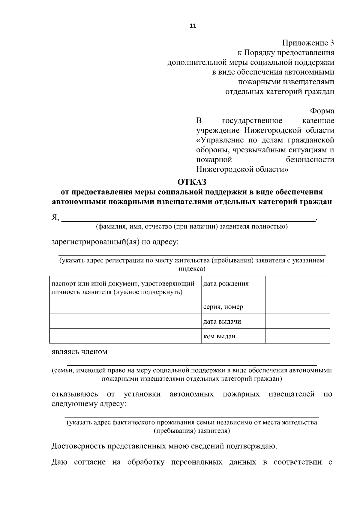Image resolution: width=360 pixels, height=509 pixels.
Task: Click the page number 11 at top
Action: pos(193,26)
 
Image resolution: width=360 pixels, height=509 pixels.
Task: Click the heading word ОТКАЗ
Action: pos(192,182)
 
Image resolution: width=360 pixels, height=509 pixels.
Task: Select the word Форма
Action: pos(322,111)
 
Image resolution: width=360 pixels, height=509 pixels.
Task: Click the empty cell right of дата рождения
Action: pos(298,287)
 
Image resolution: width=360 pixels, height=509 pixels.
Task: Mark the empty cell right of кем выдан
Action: pos(298,336)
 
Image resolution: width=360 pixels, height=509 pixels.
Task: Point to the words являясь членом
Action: pos(79,352)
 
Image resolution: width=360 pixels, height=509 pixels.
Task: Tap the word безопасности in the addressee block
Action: pos(310,160)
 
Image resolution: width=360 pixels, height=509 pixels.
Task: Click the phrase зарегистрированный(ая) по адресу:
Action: pos(115,242)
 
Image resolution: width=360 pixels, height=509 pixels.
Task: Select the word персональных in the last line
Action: pos(196,462)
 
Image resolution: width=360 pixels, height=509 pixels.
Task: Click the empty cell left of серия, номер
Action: pos(125,307)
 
